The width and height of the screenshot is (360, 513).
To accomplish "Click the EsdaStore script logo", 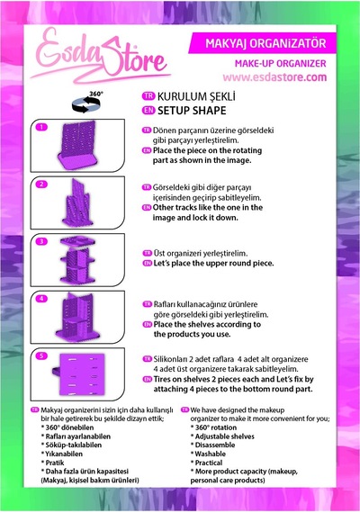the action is pyautogui.click(x=100, y=56).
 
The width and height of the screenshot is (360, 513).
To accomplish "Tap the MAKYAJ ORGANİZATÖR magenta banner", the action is pyautogui.click(x=263, y=43).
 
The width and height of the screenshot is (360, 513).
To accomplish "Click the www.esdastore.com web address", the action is pyautogui.click(x=274, y=77).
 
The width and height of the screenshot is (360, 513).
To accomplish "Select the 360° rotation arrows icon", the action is pyautogui.click(x=86, y=102).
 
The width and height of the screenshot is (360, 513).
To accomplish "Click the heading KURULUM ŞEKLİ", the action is pyautogui.click(x=196, y=96).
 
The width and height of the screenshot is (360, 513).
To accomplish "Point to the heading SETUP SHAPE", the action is pyautogui.click(x=192, y=111).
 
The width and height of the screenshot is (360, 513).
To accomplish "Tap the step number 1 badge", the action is pyautogui.click(x=41, y=127).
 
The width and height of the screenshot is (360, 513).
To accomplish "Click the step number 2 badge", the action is pyautogui.click(x=41, y=184).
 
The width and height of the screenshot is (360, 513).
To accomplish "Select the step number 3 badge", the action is pyautogui.click(x=41, y=241).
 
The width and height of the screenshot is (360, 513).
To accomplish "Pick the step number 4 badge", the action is pyautogui.click(x=41, y=299).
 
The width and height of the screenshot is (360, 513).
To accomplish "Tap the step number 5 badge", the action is pyautogui.click(x=41, y=355).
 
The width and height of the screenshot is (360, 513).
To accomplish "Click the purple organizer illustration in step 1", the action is pyautogui.click(x=77, y=146).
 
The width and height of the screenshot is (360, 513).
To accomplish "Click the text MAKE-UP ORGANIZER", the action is pyautogui.click(x=281, y=64).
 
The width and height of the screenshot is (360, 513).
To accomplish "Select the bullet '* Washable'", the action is pyautogui.click(x=208, y=454).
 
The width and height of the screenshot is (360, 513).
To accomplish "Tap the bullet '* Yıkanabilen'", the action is pyautogui.click(x=61, y=454).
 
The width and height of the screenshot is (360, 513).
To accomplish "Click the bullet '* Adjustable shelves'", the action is pyautogui.click(x=222, y=436).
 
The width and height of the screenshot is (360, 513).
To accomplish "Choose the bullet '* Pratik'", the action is pyautogui.click(x=52, y=463).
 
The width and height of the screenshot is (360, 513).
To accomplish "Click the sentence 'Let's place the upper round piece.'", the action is pyautogui.click(x=213, y=264).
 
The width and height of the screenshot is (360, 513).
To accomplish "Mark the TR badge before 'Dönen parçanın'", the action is pyautogui.click(x=147, y=130).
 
